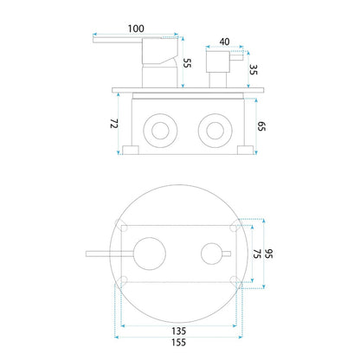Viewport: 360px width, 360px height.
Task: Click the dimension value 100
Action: coord(136,29)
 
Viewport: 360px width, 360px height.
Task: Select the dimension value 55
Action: coord(188,63)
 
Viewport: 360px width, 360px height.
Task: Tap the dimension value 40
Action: coord(224,42)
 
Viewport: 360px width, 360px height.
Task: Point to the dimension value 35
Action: coord(253,69)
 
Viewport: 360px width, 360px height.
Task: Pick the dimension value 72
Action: coord(114,124)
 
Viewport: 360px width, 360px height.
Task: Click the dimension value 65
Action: coord(261,126)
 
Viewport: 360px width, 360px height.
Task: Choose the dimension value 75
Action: coord(257,254)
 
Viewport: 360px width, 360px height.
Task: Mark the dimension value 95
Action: coord(268,254)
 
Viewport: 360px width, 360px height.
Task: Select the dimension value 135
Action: coord(179,331)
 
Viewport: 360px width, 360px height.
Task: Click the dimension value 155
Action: coord(179,343)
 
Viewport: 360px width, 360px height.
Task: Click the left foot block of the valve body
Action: coord(131,150)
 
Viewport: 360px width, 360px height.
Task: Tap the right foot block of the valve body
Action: coord(245,150)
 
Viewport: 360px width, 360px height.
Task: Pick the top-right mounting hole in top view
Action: coord(235,227)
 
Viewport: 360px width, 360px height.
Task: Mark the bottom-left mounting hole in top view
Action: coord(124,280)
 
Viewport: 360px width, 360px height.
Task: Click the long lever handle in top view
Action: coord(110,254)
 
